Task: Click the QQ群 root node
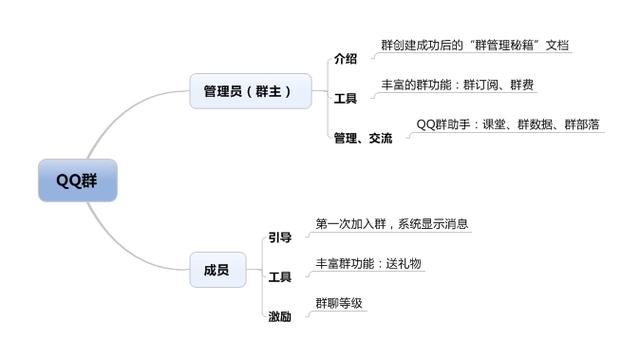pyautogui.click(x=75, y=180)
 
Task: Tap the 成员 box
pyautogui.click(x=217, y=270)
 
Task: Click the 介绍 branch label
pyautogui.click(x=345, y=59)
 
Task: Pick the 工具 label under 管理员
pyautogui.click(x=345, y=99)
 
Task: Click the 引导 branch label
pyautogui.click(x=279, y=237)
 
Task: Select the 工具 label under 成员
pyautogui.click(x=279, y=276)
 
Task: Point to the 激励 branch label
pyautogui.click(x=279, y=316)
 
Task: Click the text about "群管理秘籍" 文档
pyautogui.click(x=476, y=45)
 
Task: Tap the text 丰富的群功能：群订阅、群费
pyautogui.click(x=458, y=85)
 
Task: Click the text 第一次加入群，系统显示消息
pyautogui.click(x=391, y=223)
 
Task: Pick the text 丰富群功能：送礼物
pyautogui.click(x=368, y=263)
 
